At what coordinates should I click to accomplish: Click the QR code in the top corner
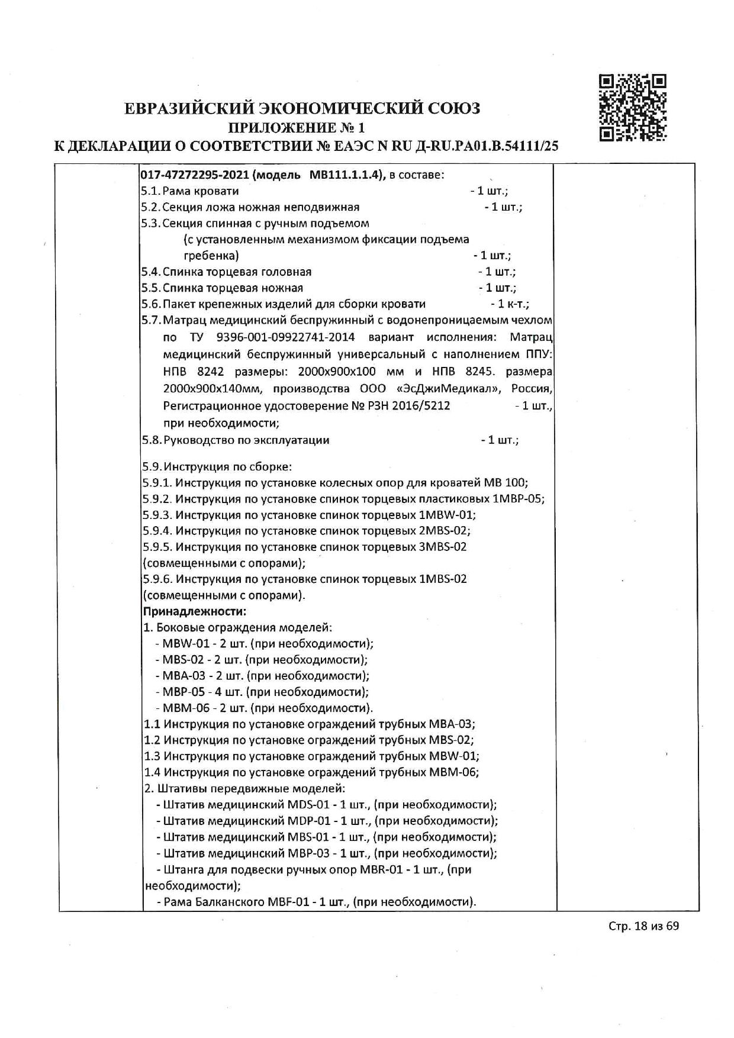click(633, 108)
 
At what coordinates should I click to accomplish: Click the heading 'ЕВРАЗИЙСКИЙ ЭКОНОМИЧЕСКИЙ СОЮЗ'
click(302, 108)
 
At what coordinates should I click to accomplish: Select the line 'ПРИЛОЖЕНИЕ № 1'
click(298, 127)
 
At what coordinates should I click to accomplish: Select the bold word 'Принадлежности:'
click(195, 611)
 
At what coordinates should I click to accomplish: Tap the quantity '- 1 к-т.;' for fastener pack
click(510, 304)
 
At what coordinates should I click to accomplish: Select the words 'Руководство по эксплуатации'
click(246, 440)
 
